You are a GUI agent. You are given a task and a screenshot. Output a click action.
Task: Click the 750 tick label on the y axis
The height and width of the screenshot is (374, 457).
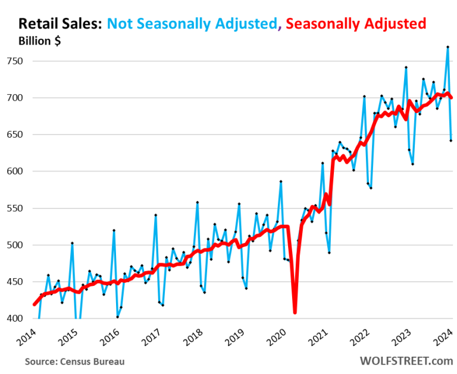[x=14, y=61]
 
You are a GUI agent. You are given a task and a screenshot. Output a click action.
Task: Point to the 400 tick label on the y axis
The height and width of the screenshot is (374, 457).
[x=14, y=319]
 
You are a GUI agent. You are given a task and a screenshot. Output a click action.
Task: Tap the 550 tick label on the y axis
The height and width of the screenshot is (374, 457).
[x=14, y=208]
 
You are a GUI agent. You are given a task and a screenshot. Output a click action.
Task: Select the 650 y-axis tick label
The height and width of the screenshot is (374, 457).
[x=14, y=135]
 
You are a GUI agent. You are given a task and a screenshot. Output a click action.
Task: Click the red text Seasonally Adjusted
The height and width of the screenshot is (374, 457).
[x=356, y=24]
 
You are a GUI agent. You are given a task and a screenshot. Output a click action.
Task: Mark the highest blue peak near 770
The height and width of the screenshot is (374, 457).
[x=447, y=47]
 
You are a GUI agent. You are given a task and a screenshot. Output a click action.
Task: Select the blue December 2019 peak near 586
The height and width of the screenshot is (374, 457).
[x=280, y=182]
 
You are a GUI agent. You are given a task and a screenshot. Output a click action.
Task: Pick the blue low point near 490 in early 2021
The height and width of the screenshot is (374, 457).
[x=329, y=253]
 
